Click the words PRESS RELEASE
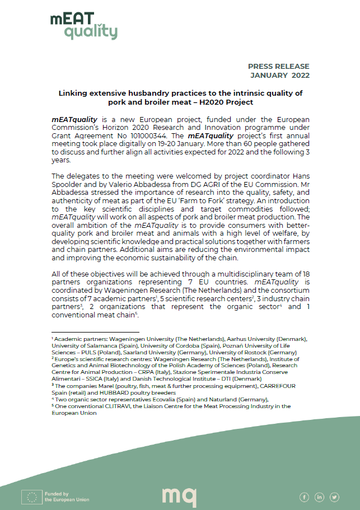(278, 66)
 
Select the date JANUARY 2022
(279, 75)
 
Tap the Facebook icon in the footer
(305, 497)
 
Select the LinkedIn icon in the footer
(320, 497)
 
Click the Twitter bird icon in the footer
(335, 497)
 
